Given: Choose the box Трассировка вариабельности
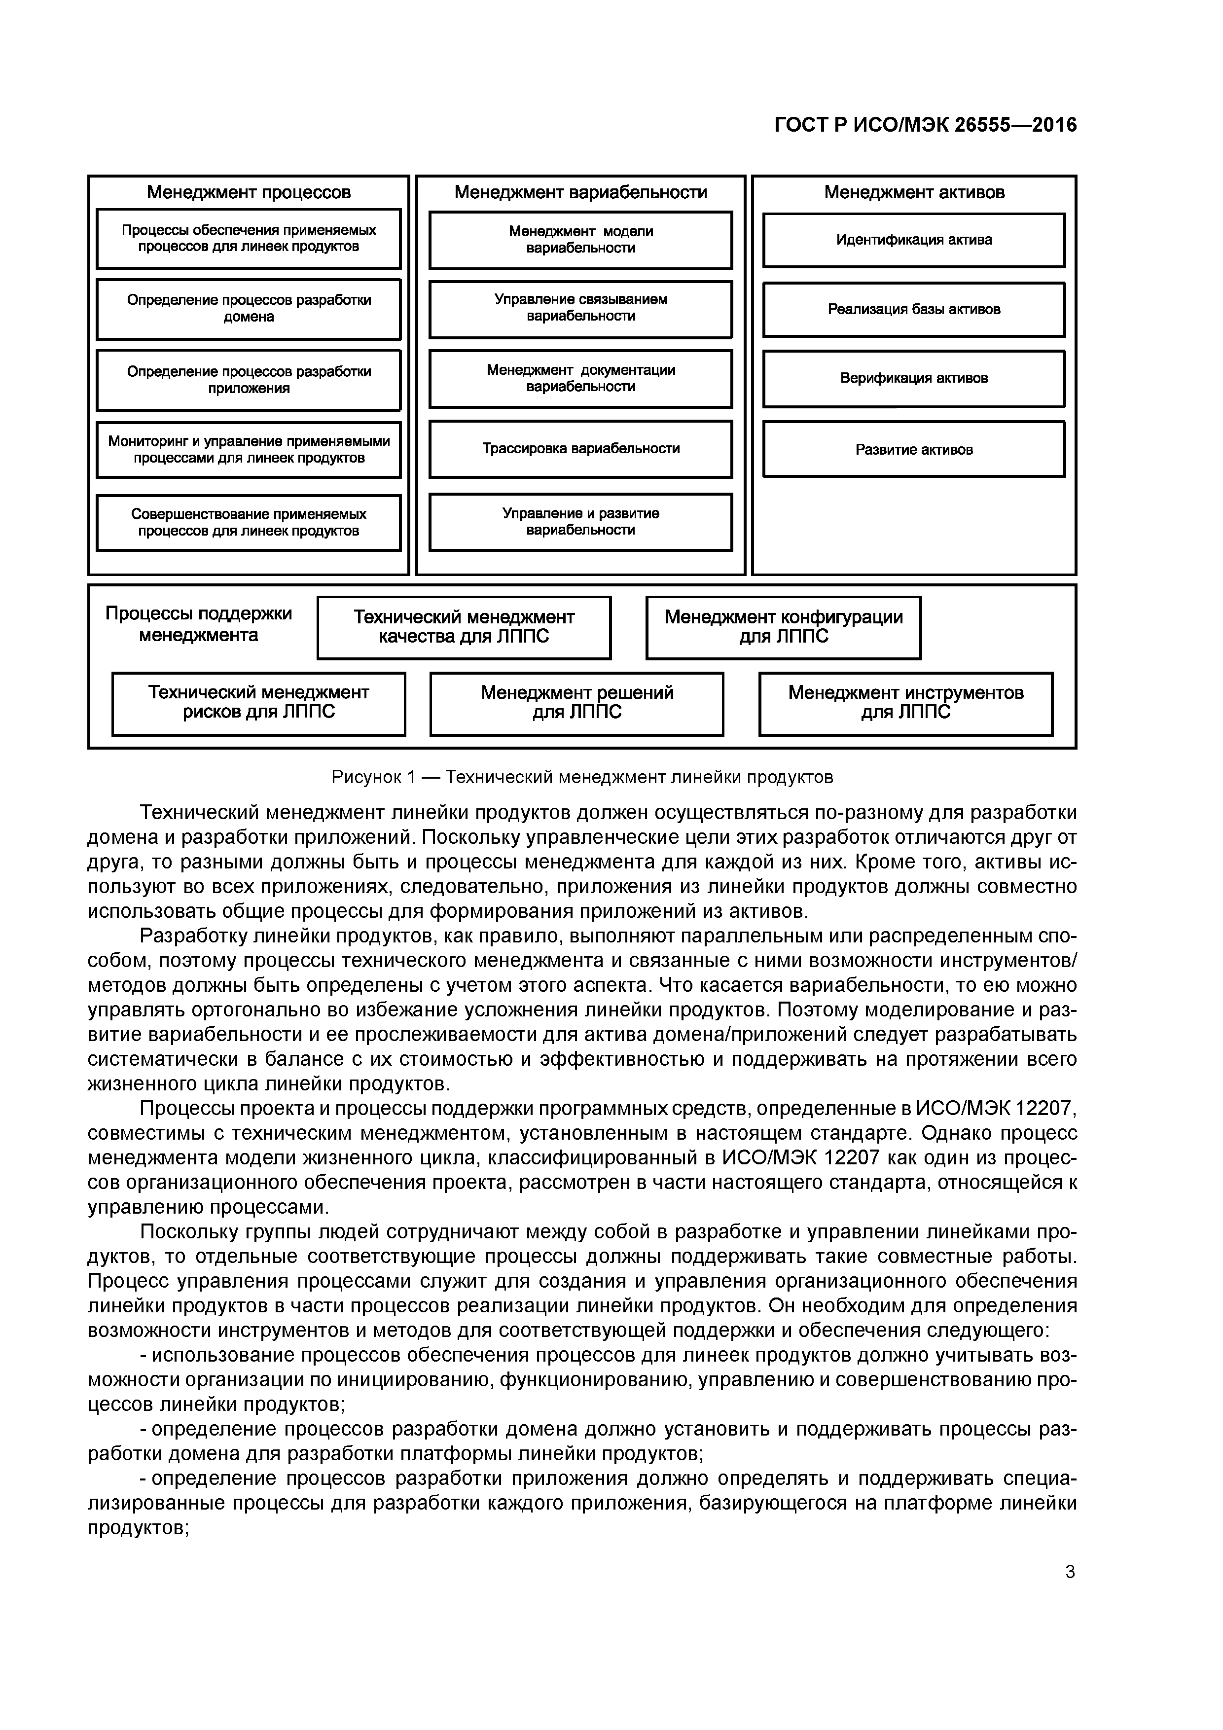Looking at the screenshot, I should (580, 449).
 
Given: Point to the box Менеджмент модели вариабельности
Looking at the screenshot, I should (580, 240).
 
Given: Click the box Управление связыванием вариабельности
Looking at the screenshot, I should (580, 308).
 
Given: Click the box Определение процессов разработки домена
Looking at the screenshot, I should (249, 309).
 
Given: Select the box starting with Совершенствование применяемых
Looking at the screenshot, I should (249, 522).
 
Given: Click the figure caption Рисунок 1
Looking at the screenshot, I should (582, 777).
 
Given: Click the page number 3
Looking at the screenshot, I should (1069, 1572).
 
